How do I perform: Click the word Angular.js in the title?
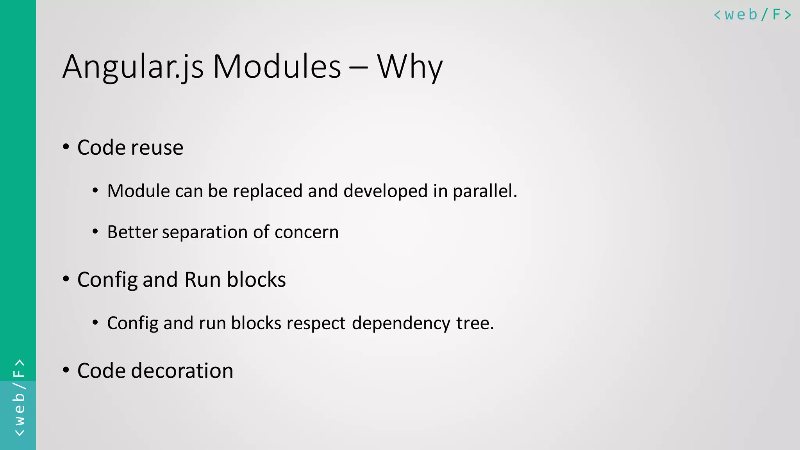133,67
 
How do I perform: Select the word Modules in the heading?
277,67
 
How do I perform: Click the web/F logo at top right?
752,15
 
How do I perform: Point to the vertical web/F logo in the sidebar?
19,398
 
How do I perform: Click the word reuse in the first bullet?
157,148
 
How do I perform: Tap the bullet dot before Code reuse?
66,147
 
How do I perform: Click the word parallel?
484,191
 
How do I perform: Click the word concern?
306,232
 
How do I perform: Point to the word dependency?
401,323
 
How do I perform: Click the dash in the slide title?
358,67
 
